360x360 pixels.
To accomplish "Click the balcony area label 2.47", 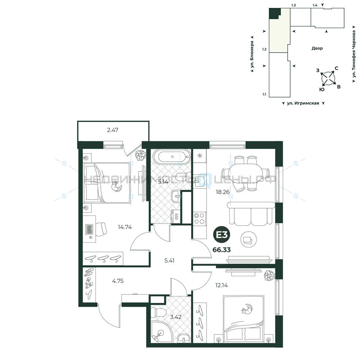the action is (x=112, y=130).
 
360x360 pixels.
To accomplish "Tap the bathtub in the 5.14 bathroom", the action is (x=172, y=157).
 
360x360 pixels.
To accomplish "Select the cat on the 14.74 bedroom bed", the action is (x=116, y=186).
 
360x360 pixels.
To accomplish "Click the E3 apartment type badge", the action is (x=221, y=235).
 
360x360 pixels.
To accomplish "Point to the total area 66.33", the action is (x=221, y=250).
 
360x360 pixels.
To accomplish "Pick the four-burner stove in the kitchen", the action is (x=199, y=219).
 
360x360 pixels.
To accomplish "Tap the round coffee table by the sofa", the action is (x=249, y=239).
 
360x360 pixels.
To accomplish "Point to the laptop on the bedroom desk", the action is (x=89, y=229).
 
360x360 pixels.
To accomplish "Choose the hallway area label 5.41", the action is (x=169, y=261).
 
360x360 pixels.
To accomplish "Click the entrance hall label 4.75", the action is (x=118, y=281).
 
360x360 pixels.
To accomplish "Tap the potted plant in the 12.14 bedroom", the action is (x=270, y=275).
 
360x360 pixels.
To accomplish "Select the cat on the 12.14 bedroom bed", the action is (x=247, y=309).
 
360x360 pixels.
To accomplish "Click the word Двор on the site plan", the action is (x=317, y=48).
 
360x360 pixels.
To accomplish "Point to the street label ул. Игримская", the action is (x=303, y=103).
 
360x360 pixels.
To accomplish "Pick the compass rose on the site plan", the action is (x=328, y=78).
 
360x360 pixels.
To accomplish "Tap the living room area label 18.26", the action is (x=222, y=192).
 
